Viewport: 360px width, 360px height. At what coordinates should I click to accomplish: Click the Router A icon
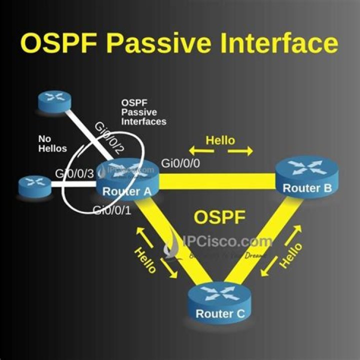pyautogui.click(x=127, y=177)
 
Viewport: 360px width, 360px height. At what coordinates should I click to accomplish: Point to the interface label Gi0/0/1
pyautogui.click(x=112, y=210)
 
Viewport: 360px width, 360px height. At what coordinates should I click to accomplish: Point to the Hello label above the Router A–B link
pyautogui.click(x=220, y=140)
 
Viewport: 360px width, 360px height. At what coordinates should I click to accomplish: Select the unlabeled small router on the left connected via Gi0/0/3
pyautogui.click(x=35, y=186)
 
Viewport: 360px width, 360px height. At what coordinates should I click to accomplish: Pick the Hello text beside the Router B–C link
pyautogui.click(x=291, y=255)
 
